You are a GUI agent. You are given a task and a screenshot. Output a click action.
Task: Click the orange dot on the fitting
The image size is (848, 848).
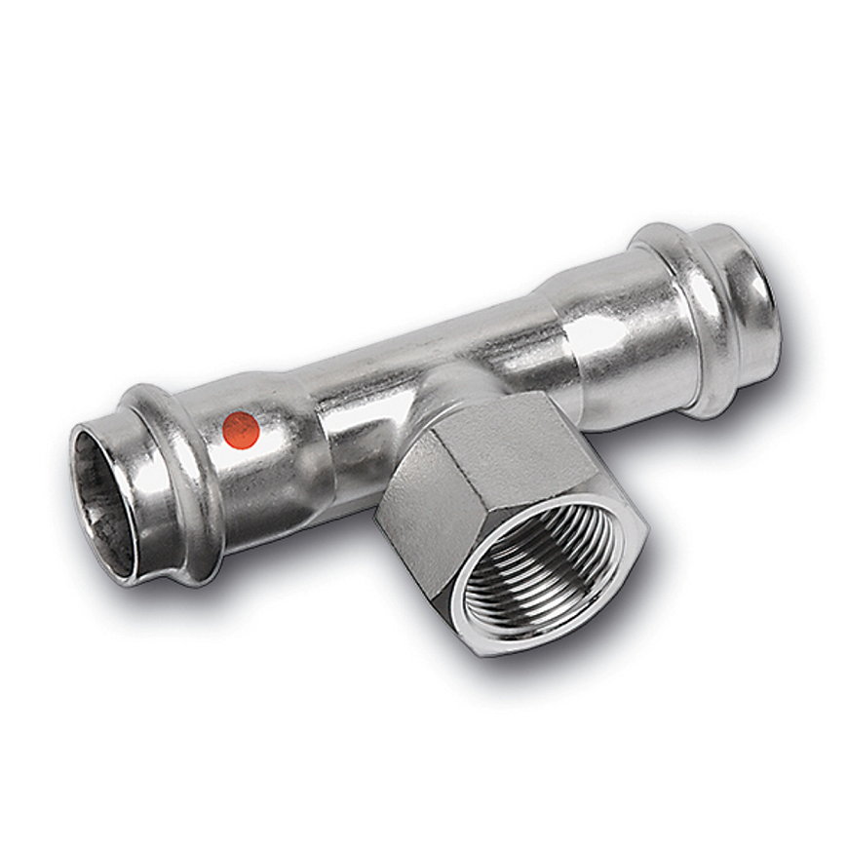tap(241, 429)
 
